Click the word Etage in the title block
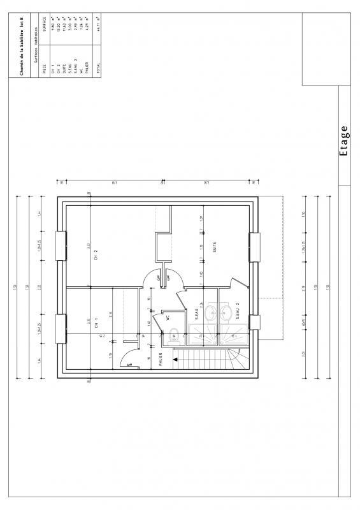coord(345,140)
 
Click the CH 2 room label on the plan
coord(95,256)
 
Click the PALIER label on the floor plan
coord(160,361)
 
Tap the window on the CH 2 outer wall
coord(62,245)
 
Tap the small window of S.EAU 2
coord(255,322)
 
